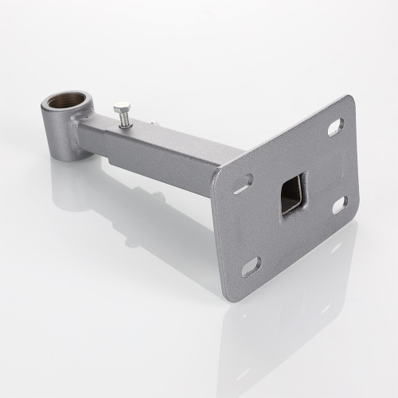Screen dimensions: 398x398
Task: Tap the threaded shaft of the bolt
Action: [125, 119]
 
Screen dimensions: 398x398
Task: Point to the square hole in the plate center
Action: [292, 192]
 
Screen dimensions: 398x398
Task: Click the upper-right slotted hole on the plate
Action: [335, 127]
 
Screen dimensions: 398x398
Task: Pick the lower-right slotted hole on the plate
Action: [339, 205]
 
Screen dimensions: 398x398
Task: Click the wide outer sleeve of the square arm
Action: [175, 151]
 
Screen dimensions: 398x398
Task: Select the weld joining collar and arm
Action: [77, 127]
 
